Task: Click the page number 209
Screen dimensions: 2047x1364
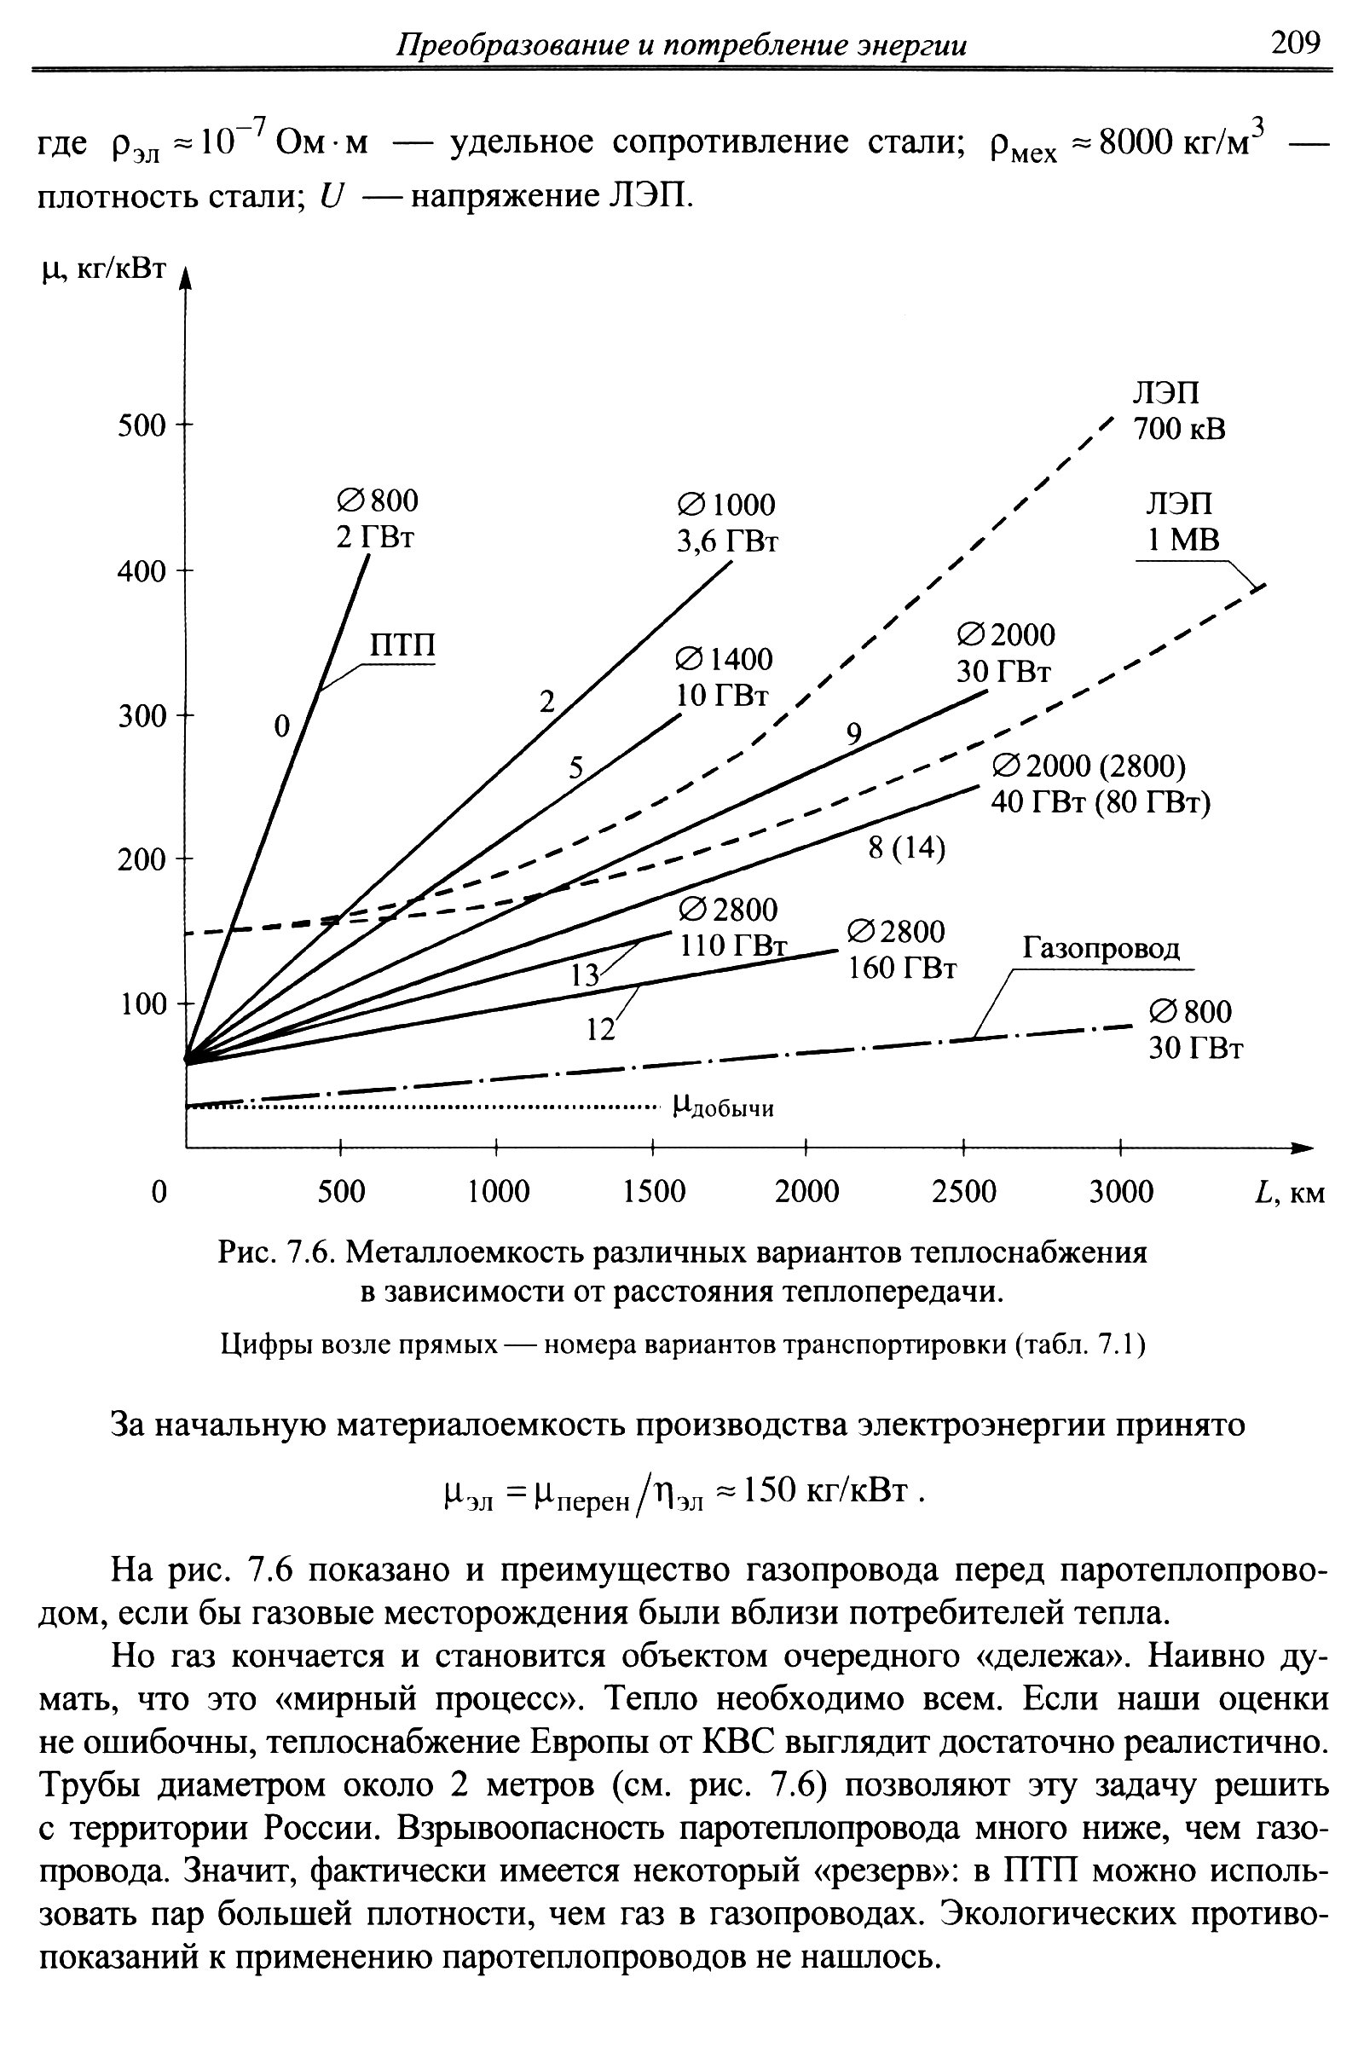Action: click(x=1294, y=42)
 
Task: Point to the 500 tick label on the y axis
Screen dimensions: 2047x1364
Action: click(x=141, y=426)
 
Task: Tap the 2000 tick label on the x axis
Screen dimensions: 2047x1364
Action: click(x=806, y=1191)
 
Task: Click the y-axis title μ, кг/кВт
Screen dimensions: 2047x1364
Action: click(x=102, y=269)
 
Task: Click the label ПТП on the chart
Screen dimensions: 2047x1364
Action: click(x=402, y=646)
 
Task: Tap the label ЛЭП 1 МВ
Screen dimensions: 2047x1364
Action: click(x=1182, y=522)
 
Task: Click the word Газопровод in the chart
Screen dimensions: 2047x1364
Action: click(x=1101, y=947)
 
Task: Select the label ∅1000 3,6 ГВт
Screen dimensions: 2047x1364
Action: click(x=726, y=523)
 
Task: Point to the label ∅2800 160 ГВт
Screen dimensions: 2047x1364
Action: click(x=901, y=950)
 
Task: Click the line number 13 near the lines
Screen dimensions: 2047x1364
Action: click(x=585, y=976)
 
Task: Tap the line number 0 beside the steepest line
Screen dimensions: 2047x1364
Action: click(x=281, y=726)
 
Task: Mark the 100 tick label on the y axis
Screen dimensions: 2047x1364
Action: click(x=141, y=1005)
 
